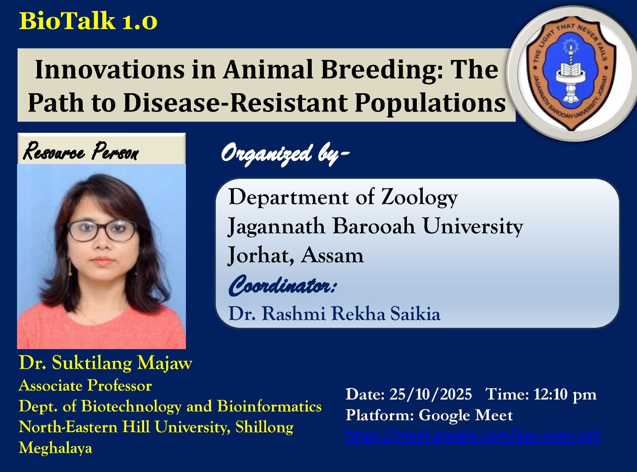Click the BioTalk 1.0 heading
(x=88, y=21)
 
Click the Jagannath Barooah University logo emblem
(x=571, y=74)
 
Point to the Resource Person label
(x=81, y=152)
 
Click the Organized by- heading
(x=285, y=154)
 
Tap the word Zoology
(x=420, y=197)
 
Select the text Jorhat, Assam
(x=295, y=255)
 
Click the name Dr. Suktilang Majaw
(x=106, y=363)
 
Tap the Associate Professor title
(x=85, y=386)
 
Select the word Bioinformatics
(x=269, y=406)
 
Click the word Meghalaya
(x=55, y=448)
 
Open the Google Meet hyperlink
(x=473, y=436)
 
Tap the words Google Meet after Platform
(x=465, y=415)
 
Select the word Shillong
(x=264, y=427)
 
